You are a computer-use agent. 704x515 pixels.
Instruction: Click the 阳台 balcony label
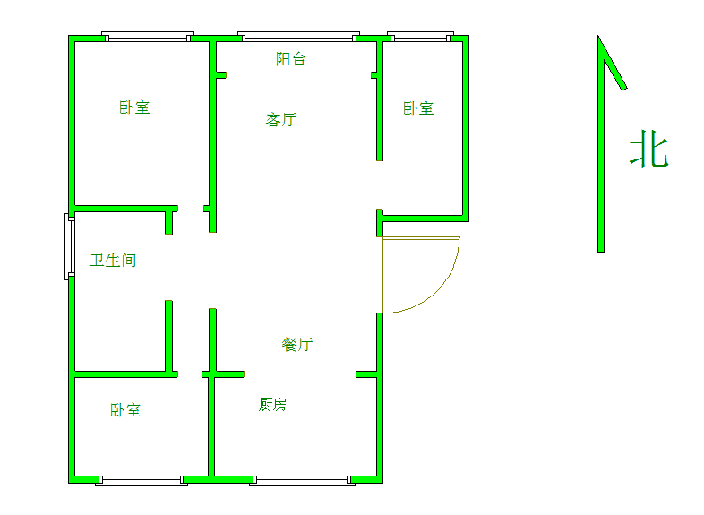tap(291, 59)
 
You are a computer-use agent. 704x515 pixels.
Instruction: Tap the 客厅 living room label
tap(281, 119)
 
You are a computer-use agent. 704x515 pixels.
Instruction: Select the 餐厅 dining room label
tap(296, 345)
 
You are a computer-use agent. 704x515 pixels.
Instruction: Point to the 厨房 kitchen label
tap(272, 404)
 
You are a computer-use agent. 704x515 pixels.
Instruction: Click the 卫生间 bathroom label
tap(113, 261)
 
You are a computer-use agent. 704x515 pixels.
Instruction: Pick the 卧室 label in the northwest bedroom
tap(134, 107)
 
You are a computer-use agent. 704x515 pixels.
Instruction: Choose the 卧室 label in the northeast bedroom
tap(418, 108)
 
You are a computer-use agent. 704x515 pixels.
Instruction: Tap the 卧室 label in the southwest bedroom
tap(125, 410)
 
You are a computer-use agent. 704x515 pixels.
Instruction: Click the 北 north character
tap(649, 149)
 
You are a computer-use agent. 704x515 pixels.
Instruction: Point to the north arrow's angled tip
tap(598, 36)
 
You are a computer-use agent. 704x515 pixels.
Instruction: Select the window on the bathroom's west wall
tap(70, 246)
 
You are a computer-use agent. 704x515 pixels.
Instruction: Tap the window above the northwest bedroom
tap(148, 37)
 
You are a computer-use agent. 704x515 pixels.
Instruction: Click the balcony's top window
tap(298, 37)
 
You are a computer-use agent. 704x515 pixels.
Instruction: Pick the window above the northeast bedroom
tap(420, 37)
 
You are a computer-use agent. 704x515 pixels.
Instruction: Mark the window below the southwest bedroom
tap(142, 480)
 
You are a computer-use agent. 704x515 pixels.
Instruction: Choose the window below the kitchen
tap(302, 480)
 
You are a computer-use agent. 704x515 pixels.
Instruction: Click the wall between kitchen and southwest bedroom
tap(211, 426)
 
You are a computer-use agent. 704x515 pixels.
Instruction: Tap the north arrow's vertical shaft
tap(601, 144)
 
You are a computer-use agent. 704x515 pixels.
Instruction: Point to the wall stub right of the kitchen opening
tap(366, 374)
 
